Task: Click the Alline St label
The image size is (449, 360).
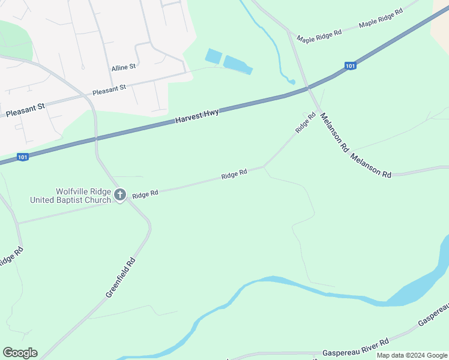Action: coord(124,68)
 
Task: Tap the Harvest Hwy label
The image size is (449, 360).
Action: coord(197,116)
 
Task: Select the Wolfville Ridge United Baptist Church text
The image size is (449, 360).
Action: coord(70,196)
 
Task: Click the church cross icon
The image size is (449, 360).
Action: coord(119,194)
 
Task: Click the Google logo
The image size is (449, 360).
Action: coord(20,353)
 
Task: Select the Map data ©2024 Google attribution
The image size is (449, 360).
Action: coord(412,355)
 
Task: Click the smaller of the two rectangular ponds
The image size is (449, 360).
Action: coord(214,56)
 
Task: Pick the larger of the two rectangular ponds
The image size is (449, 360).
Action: coord(238,65)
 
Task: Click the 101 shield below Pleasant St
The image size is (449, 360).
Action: coord(22,157)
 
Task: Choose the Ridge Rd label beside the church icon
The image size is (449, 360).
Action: coord(145,194)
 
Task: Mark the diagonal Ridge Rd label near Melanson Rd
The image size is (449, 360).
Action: coord(305,123)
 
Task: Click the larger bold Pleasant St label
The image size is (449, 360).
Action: coord(25,109)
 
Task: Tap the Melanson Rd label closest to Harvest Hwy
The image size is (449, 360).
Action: coord(334,131)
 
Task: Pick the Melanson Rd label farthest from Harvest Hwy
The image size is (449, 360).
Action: coord(371,166)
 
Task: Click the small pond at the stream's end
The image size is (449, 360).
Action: coord(292,81)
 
